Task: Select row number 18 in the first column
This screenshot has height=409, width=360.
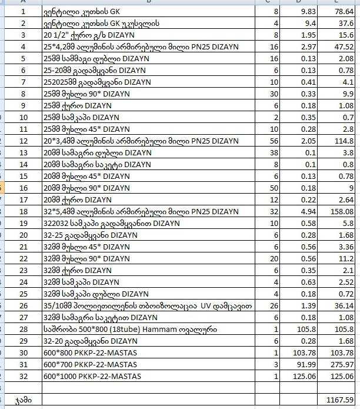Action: (24, 211)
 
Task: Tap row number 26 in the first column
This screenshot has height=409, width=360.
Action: (24, 305)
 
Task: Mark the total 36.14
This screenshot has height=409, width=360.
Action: (342, 305)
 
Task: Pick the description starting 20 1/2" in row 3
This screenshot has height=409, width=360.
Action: (82, 35)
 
